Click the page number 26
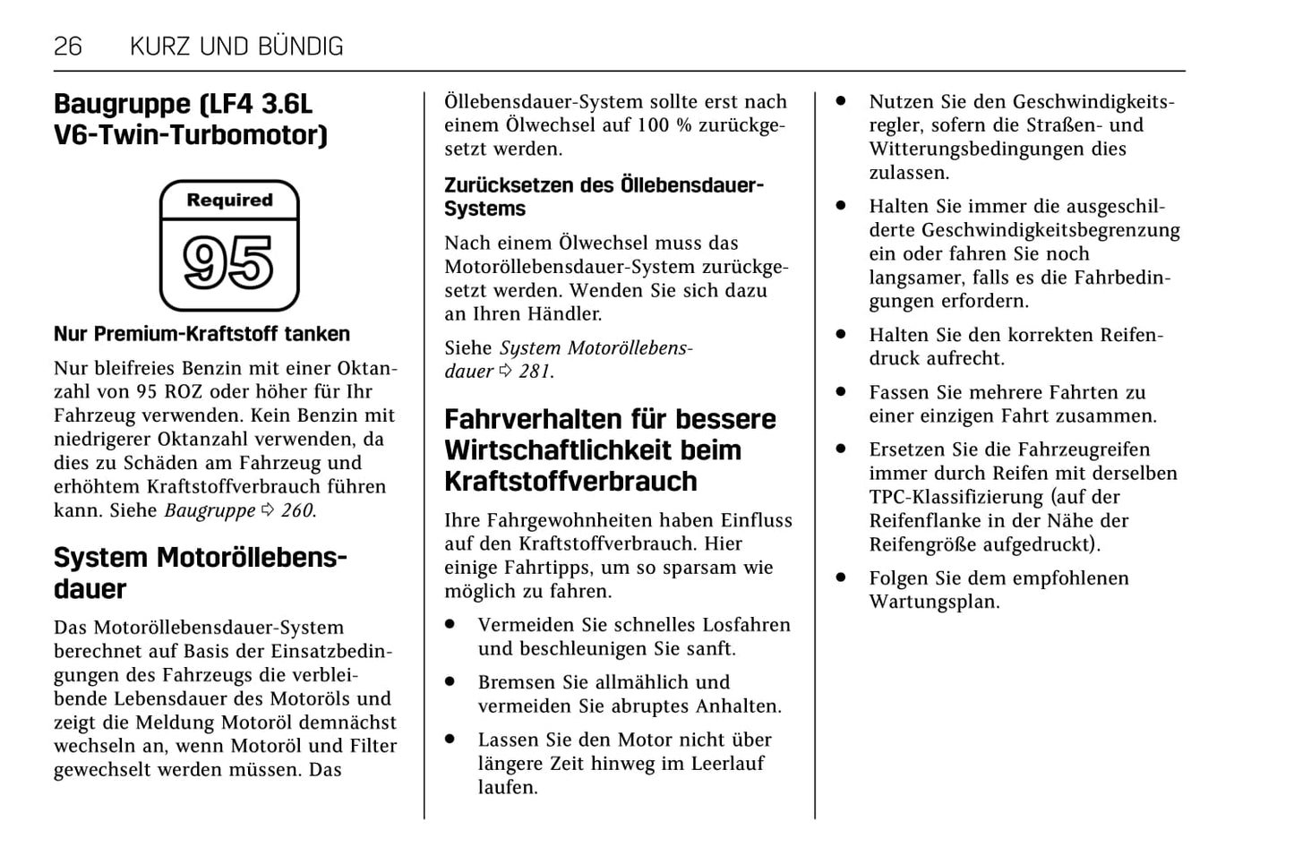[68, 47]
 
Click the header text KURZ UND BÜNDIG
[236, 47]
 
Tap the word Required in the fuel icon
[229, 201]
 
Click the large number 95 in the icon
[228, 263]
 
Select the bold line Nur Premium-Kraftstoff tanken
[201, 334]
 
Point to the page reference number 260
[296, 510]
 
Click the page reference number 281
[535, 372]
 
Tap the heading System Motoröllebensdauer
[200, 573]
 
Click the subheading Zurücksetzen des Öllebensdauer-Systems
[604, 197]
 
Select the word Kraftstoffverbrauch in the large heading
[570, 482]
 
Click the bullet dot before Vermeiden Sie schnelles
[450, 624]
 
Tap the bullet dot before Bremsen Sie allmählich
[450, 681]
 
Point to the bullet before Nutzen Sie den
[841, 102]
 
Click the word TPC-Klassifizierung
[956, 497]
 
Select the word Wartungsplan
[934, 602]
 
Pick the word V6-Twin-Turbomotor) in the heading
[191, 135]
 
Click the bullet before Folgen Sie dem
[841, 578]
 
